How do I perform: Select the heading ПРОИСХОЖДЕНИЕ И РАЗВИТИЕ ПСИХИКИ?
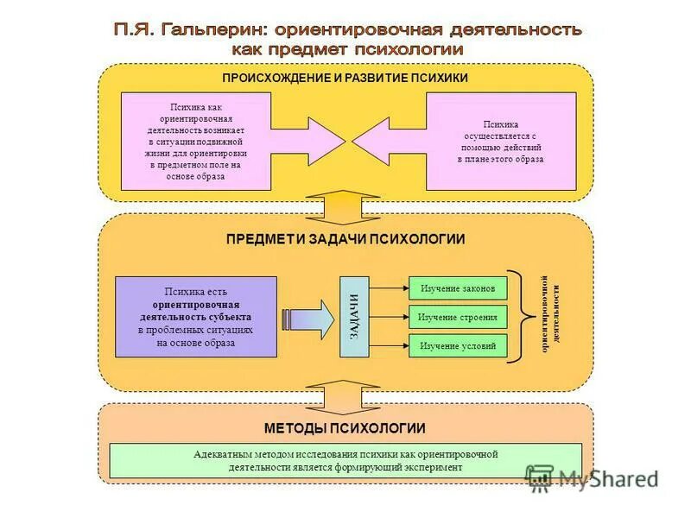[x=345, y=78]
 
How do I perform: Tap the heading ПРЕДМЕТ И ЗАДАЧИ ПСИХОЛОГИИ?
[x=345, y=239]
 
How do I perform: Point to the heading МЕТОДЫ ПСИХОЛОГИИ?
[x=345, y=428]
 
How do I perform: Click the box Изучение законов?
[x=457, y=287]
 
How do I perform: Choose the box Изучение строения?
[x=457, y=317]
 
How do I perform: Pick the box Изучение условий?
[x=457, y=346]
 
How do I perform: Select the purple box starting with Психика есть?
[x=196, y=317]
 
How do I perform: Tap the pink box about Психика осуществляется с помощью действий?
[x=501, y=142]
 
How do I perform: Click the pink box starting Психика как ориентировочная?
[x=196, y=141]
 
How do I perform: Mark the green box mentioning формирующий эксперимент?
[x=345, y=460]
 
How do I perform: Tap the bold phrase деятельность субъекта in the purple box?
[x=196, y=317]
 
